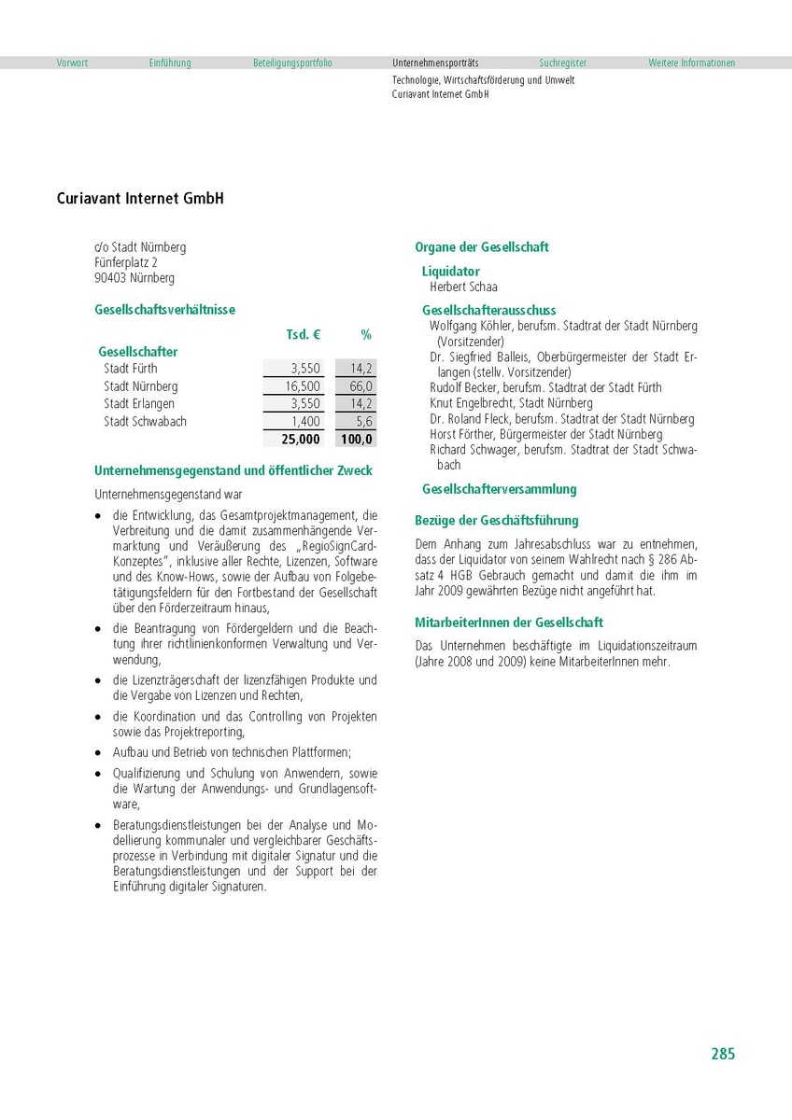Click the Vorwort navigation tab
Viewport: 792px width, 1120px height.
tap(72, 63)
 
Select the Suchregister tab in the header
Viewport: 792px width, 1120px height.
tap(562, 63)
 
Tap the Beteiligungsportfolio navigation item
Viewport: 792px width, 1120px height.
tap(292, 63)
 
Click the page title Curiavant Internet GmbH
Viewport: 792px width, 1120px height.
tap(140, 199)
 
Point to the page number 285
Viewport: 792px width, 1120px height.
tap(723, 1054)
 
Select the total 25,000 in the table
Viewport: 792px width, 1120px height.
tap(300, 440)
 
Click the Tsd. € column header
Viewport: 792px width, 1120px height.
tap(303, 334)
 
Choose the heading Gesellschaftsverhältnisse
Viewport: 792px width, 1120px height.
tap(164, 309)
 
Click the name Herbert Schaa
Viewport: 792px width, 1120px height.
tap(463, 287)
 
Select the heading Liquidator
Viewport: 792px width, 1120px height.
tap(451, 272)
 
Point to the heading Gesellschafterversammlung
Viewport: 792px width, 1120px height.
tap(499, 489)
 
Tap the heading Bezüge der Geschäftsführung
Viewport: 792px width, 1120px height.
tap(496, 521)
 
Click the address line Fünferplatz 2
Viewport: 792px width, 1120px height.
tap(126, 263)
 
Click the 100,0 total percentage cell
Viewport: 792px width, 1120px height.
tap(357, 440)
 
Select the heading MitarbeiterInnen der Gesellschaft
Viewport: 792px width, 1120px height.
tap(508, 623)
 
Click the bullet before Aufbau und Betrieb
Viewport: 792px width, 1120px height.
tap(98, 752)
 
